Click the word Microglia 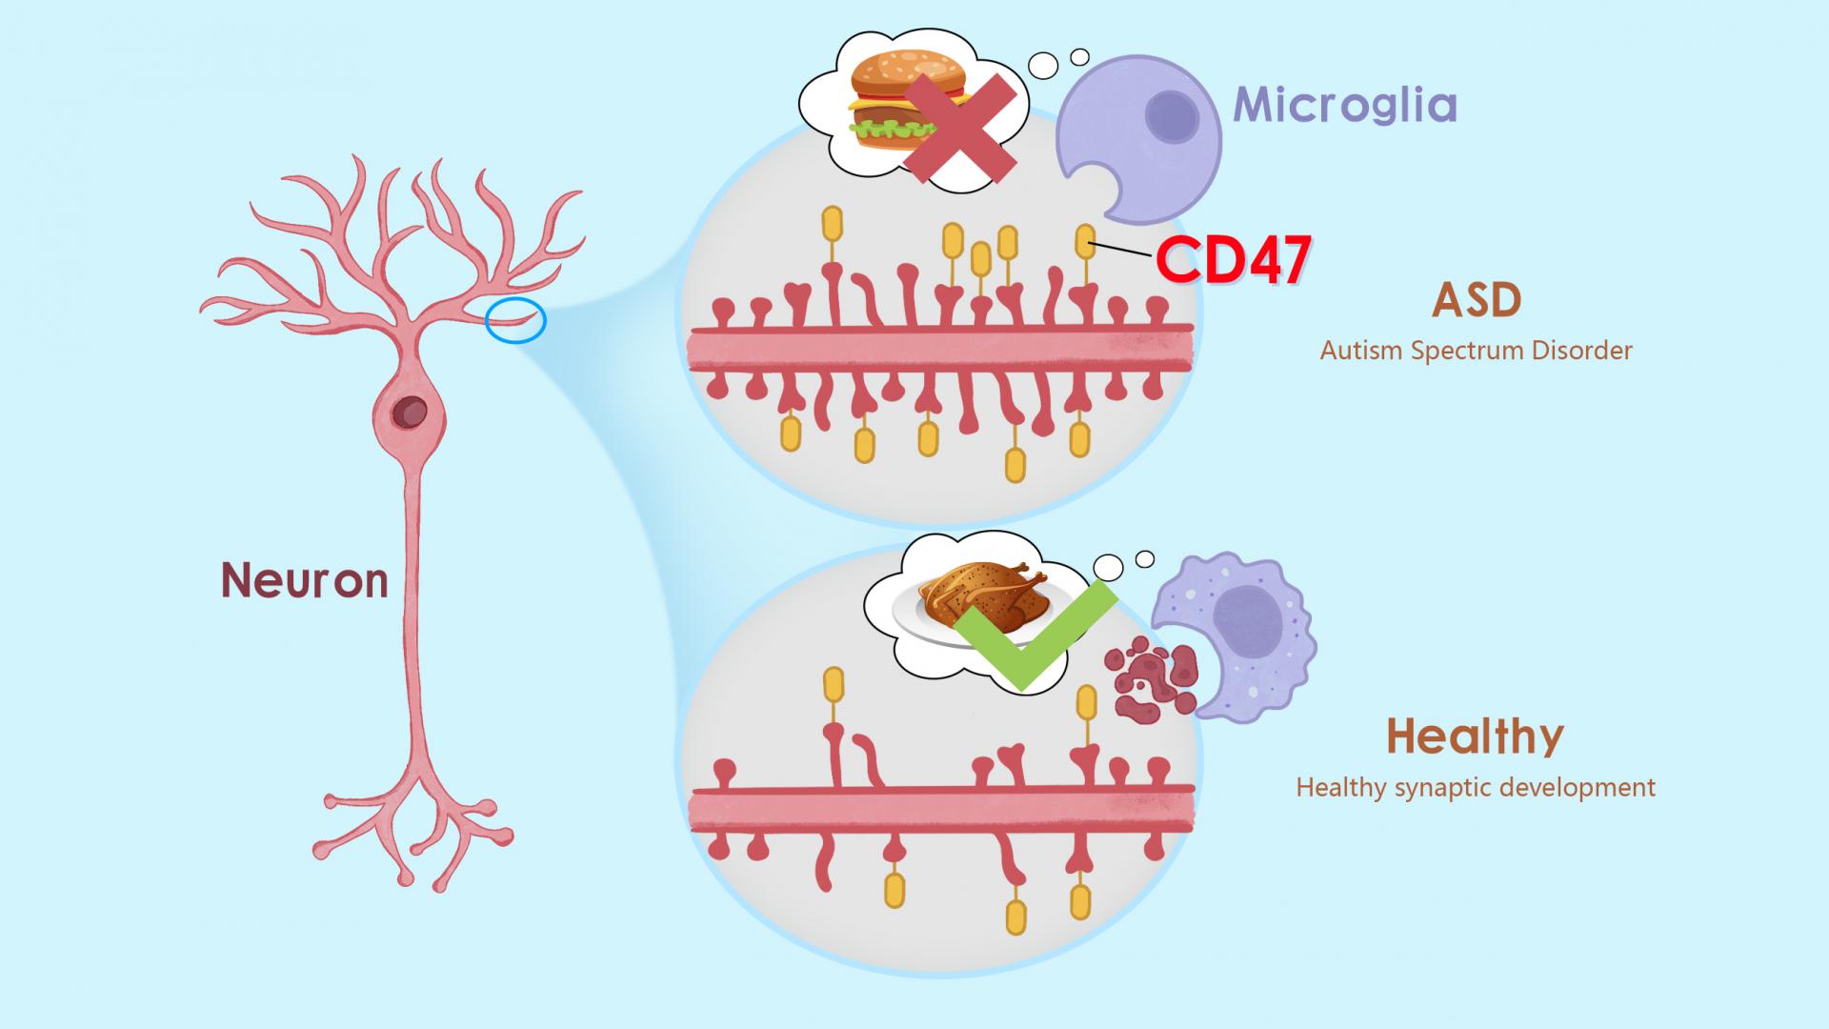point(1345,106)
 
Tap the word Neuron point(305,579)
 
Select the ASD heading point(1477,301)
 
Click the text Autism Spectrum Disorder point(1476,351)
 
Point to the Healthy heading point(1475,736)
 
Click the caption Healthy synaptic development point(1476,788)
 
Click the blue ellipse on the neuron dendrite point(515,320)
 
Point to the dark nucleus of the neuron point(412,414)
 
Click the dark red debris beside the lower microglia point(1151,679)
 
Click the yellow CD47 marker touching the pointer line point(1084,240)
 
